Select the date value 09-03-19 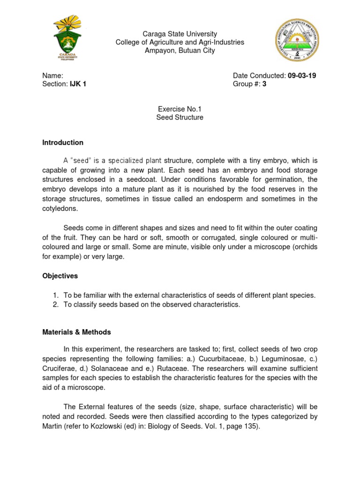(302, 75)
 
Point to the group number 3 (264, 84)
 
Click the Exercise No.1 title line (180, 109)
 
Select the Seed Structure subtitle (180, 117)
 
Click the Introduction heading (63, 142)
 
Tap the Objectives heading (60, 276)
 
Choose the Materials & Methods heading (76, 332)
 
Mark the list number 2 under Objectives (55, 305)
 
